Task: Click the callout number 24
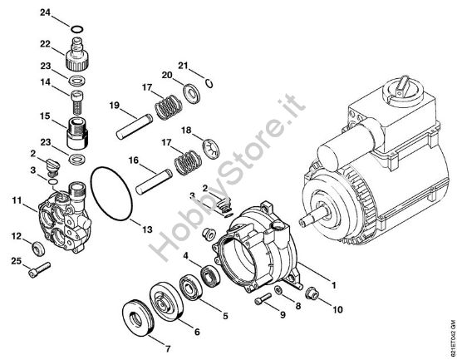pos(46,12)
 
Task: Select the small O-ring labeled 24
pos(76,31)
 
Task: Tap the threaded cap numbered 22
pos(76,58)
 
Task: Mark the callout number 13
pos(146,228)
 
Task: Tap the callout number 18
pos(186,130)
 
